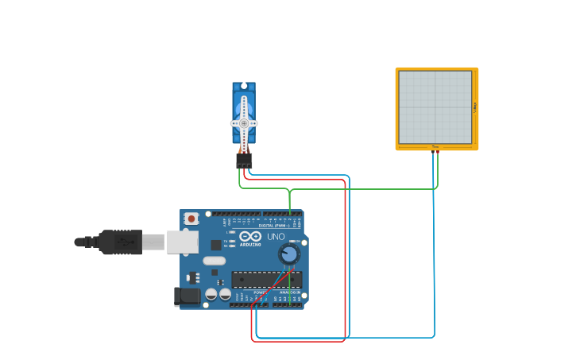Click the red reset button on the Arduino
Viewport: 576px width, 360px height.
coord(191,218)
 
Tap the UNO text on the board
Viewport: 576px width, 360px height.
coord(275,236)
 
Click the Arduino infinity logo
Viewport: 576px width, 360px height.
coord(250,236)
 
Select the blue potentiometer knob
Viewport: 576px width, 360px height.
coord(289,254)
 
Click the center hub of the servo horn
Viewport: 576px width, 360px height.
coord(244,123)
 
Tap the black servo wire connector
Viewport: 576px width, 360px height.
coord(244,161)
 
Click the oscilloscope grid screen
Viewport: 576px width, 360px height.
coord(435,107)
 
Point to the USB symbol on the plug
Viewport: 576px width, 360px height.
coord(123,242)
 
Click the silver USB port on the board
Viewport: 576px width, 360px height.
coord(182,242)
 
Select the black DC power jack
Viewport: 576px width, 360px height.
coord(187,296)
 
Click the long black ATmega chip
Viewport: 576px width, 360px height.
coord(266,280)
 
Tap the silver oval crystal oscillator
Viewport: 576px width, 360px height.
coord(215,261)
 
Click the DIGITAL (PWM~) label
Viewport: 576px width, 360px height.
coord(274,226)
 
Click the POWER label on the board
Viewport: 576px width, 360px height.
coord(260,292)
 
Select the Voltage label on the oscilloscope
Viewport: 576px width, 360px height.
coord(475,107)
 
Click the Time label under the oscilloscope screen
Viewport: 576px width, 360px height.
coord(435,147)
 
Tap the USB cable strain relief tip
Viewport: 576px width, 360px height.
coord(79,242)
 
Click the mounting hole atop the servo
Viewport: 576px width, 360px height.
coord(244,86)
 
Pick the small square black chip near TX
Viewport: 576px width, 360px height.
coord(216,245)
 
